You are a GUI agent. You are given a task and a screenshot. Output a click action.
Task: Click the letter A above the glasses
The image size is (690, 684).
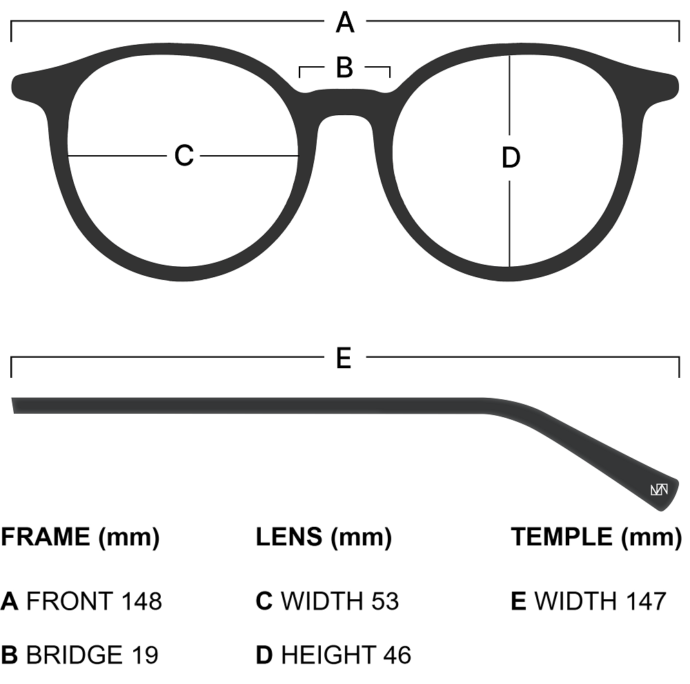coord(345,23)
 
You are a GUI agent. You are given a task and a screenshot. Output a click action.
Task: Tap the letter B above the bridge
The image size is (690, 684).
coord(344,68)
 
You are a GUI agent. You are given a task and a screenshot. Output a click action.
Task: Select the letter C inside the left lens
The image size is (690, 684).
coord(184,156)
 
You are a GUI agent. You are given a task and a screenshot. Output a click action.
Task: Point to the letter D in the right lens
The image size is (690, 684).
coord(510,159)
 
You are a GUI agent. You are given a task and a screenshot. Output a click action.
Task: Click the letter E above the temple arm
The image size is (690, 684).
coord(344,359)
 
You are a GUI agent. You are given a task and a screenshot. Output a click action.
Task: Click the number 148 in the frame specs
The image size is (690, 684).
coord(141,601)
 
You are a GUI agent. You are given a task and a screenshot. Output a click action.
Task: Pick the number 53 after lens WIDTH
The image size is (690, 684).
coord(384,601)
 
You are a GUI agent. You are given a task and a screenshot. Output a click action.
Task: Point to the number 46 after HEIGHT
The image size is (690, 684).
coord(396,654)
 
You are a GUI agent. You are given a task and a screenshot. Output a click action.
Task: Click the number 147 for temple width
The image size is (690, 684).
coord(644,601)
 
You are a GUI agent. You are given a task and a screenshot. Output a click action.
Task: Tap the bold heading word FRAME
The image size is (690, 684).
coord(46,536)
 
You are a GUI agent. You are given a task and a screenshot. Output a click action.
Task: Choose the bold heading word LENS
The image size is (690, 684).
coord(289,536)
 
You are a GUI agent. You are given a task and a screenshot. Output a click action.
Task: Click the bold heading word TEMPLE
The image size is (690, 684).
coord(562,536)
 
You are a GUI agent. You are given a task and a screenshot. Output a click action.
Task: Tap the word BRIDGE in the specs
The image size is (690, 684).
coord(75,654)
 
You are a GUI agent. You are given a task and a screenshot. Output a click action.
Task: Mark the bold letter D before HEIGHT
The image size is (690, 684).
coord(264,654)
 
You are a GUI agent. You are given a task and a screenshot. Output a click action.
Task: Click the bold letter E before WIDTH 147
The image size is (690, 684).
coord(519,601)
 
